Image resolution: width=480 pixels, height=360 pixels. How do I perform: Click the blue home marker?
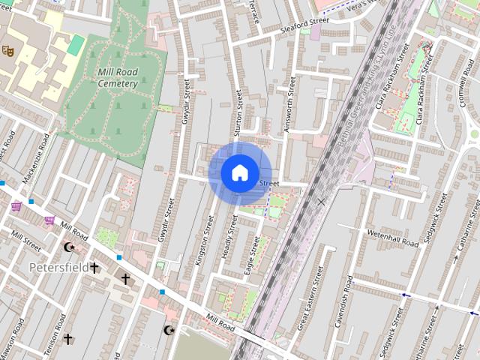tap(239, 172)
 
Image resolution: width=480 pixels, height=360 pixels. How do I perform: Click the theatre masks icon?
tap(8, 50)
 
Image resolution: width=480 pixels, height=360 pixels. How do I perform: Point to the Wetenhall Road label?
tap(392, 238)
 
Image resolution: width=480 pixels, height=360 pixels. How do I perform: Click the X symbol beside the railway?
tap(322, 202)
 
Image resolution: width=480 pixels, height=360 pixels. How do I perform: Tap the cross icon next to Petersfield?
tap(95, 268)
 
